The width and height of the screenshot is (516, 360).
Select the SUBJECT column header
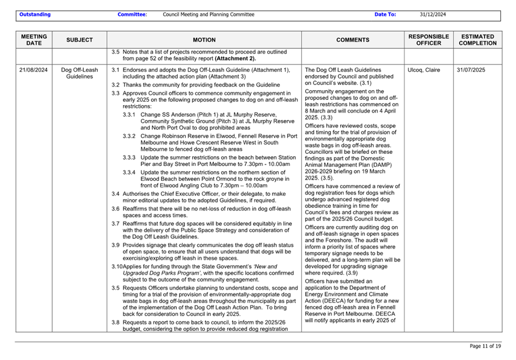[79, 40]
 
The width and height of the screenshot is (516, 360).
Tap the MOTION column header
[204, 40]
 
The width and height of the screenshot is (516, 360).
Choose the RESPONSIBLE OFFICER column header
[428, 40]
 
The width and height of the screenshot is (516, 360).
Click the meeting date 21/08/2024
[33, 70]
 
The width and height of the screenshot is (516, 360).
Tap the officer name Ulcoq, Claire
[423, 70]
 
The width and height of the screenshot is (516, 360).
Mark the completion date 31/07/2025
[471, 70]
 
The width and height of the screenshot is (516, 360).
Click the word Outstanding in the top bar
[34, 14]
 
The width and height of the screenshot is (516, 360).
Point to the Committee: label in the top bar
[132, 14]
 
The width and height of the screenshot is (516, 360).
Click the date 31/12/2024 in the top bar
[433, 14]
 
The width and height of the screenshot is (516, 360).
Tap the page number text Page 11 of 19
[485, 346]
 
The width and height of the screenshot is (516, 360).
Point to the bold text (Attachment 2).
[235, 59]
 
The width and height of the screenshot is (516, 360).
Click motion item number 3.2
[115, 85]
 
